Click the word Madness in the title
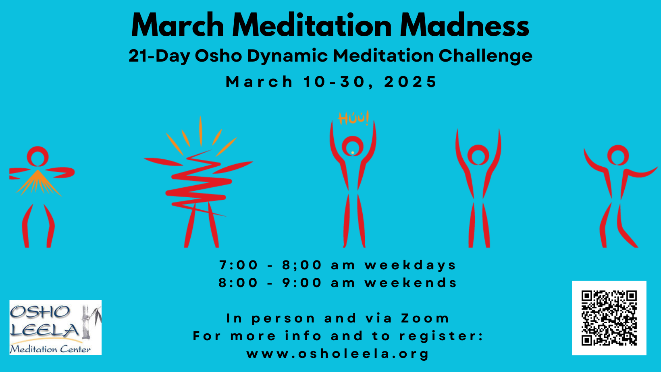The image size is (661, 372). pyautogui.click(x=464, y=25)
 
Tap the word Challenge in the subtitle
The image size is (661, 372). pyautogui.click(x=485, y=56)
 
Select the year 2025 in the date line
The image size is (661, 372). pyautogui.click(x=410, y=82)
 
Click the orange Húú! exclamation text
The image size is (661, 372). pyautogui.click(x=353, y=118)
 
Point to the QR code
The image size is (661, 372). pyautogui.click(x=609, y=318)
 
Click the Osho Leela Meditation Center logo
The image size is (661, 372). pyautogui.click(x=56, y=327)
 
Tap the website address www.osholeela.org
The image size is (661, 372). pyautogui.click(x=337, y=354)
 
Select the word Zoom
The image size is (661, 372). pyautogui.click(x=425, y=318)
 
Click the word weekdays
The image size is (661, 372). pyautogui.click(x=410, y=265)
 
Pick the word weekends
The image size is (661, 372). pyautogui.click(x=410, y=283)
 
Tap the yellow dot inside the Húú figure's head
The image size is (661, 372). pyautogui.click(x=353, y=153)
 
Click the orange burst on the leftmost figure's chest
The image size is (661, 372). pyautogui.click(x=38, y=183)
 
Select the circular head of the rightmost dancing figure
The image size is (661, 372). pyautogui.click(x=618, y=155)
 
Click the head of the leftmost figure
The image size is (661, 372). pyautogui.click(x=38, y=157)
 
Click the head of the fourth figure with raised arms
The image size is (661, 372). pyautogui.click(x=478, y=155)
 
